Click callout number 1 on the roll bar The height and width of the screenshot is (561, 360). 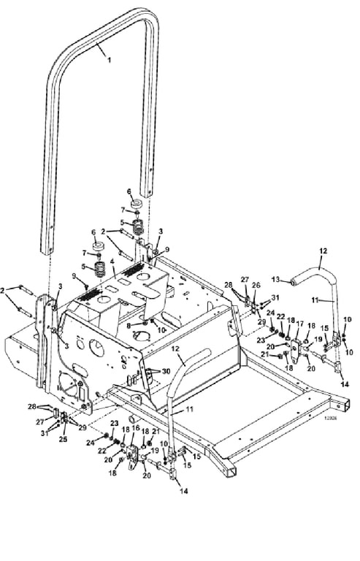point(110,60)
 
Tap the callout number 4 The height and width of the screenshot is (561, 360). point(112,262)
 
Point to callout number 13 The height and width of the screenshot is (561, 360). point(276,279)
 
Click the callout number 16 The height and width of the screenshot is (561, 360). point(136,427)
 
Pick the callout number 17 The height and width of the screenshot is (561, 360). point(299,324)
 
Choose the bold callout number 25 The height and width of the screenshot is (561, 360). point(63,439)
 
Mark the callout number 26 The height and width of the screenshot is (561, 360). point(257,285)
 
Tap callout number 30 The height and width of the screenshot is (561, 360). point(166,371)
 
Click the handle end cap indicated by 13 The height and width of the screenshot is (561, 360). point(294,283)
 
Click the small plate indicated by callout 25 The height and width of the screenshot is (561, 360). point(64,420)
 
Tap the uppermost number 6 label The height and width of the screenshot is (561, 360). point(129,192)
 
